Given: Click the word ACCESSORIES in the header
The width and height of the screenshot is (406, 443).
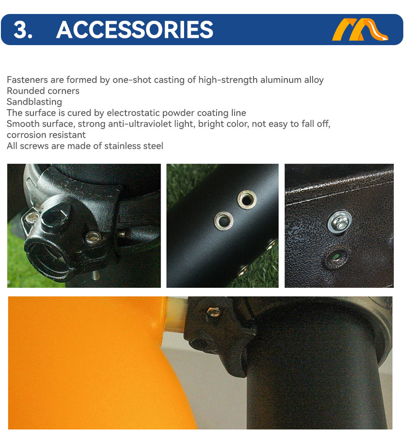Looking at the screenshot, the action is pyautogui.click(x=134, y=30).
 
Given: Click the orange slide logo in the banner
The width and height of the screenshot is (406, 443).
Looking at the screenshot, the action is pyautogui.click(x=360, y=29).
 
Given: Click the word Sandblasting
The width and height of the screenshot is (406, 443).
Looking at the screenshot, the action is pyautogui.click(x=34, y=102).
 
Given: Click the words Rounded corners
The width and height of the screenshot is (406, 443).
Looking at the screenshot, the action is pyautogui.click(x=43, y=91).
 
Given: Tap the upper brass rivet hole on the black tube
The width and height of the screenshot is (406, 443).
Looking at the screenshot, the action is pyautogui.click(x=247, y=199).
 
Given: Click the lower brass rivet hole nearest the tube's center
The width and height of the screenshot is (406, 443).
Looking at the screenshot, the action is pyautogui.click(x=223, y=221).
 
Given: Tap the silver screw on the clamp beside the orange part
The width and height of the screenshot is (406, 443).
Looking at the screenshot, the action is pyautogui.click(x=213, y=312).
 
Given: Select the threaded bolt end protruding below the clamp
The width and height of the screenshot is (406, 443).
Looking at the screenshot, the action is pyautogui.click(x=96, y=275).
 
